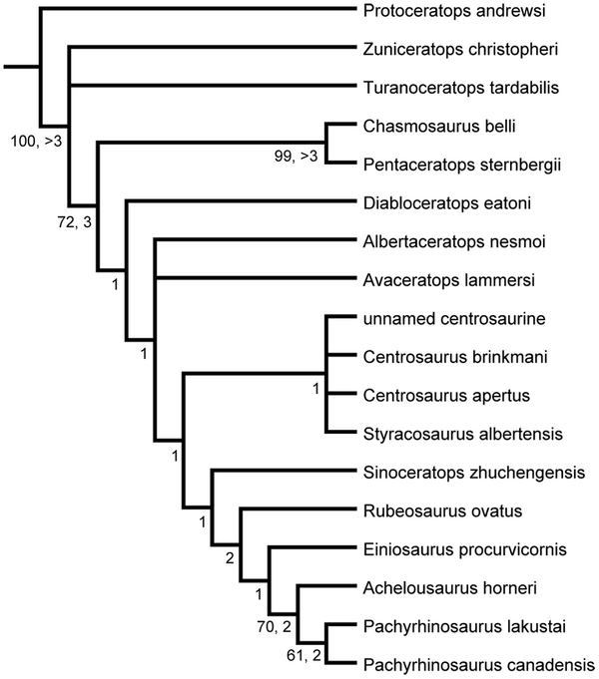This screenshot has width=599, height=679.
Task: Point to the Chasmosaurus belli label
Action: pos(428,126)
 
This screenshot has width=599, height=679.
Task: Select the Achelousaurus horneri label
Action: pos(438,587)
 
